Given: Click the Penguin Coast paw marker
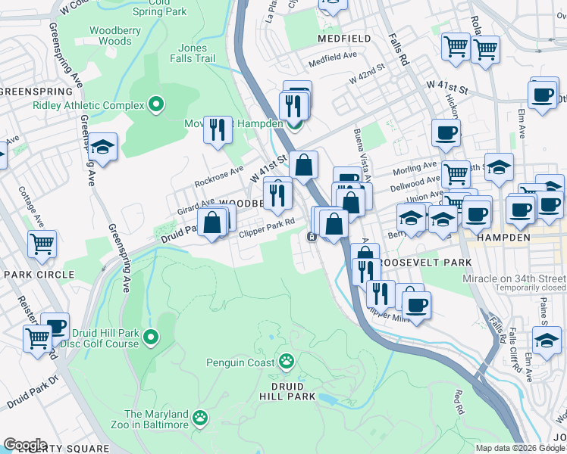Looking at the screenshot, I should [x=287, y=362].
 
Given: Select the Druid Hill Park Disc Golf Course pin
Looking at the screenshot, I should [x=151, y=337].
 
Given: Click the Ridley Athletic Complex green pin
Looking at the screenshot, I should [x=156, y=104].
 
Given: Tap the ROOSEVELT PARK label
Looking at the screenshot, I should [x=424, y=263].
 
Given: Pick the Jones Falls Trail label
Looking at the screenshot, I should [x=193, y=53].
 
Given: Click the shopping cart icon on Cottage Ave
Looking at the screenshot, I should [x=42, y=244].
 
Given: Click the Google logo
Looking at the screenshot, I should [x=25, y=445].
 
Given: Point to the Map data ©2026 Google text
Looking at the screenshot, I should [x=518, y=448].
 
